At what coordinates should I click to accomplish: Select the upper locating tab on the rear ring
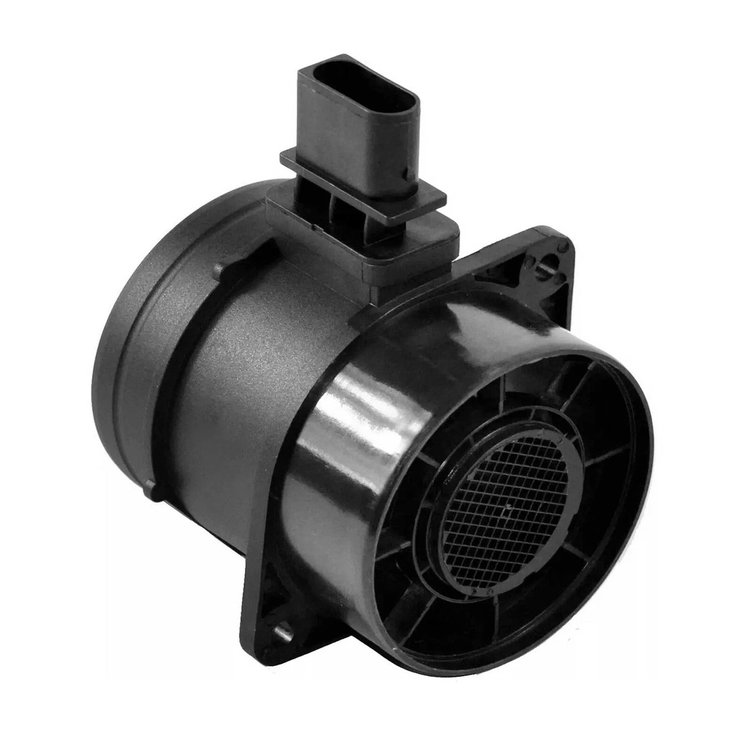219,271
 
